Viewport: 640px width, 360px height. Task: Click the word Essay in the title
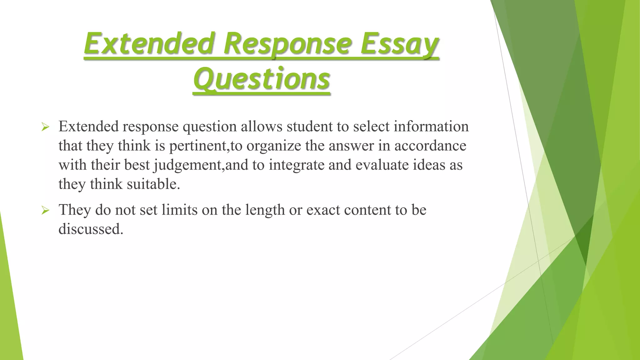(399, 44)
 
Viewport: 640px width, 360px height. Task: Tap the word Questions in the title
(262, 79)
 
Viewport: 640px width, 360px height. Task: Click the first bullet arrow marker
(45, 127)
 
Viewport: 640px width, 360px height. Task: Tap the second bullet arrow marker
(45, 211)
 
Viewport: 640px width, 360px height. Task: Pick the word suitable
(153, 184)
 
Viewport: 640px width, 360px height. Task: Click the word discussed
(91, 229)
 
